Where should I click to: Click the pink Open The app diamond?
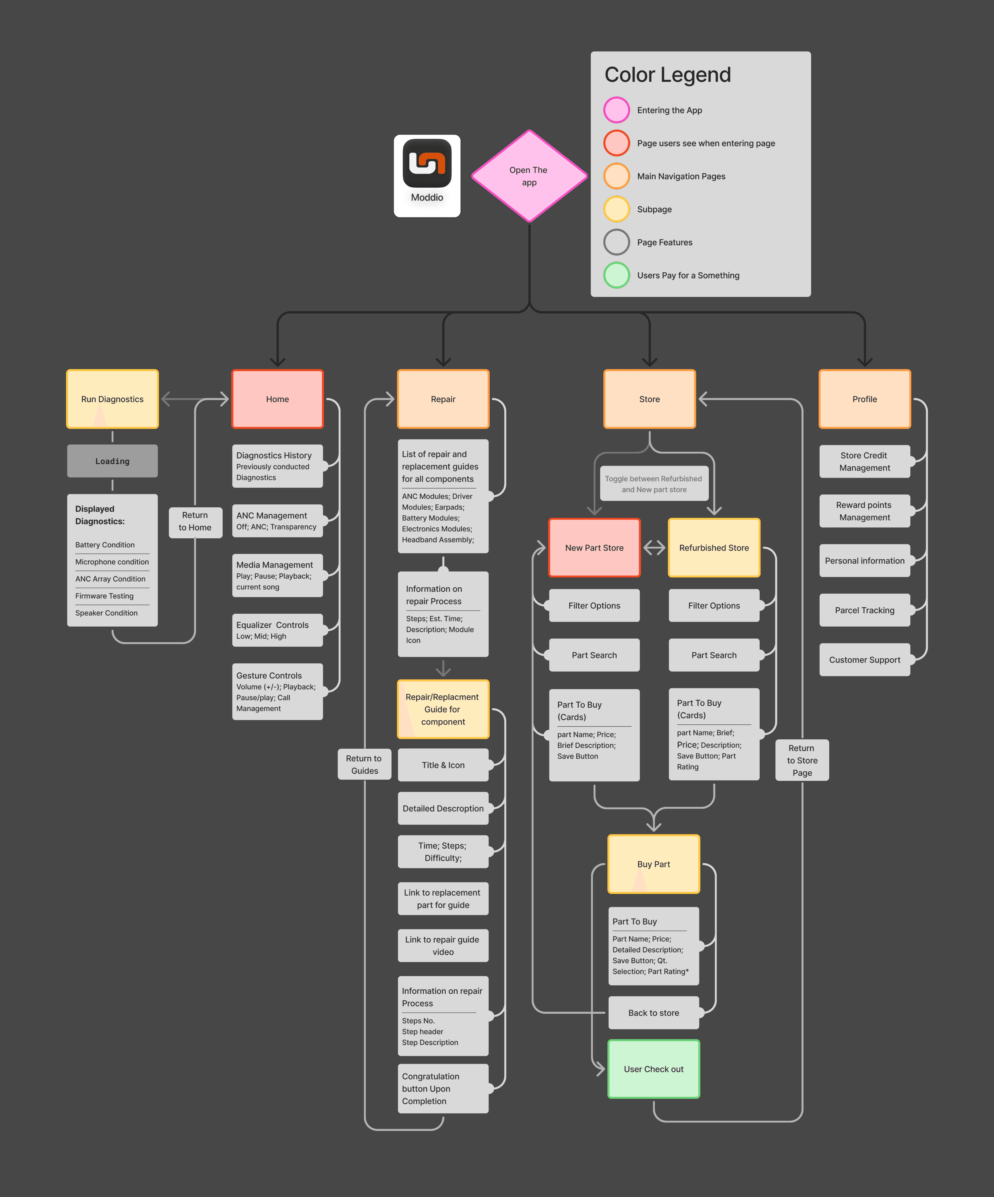point(529,176)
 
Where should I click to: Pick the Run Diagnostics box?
point(112,399)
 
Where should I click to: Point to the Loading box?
point(112,461)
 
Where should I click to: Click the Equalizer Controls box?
point(277,630)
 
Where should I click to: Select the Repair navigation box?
point(443,399)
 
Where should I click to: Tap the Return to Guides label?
point(364,764)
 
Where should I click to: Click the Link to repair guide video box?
point(443,946)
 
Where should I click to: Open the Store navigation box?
point(649,399)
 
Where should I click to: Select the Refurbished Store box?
point(714,548)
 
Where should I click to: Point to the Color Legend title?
point(667,75)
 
